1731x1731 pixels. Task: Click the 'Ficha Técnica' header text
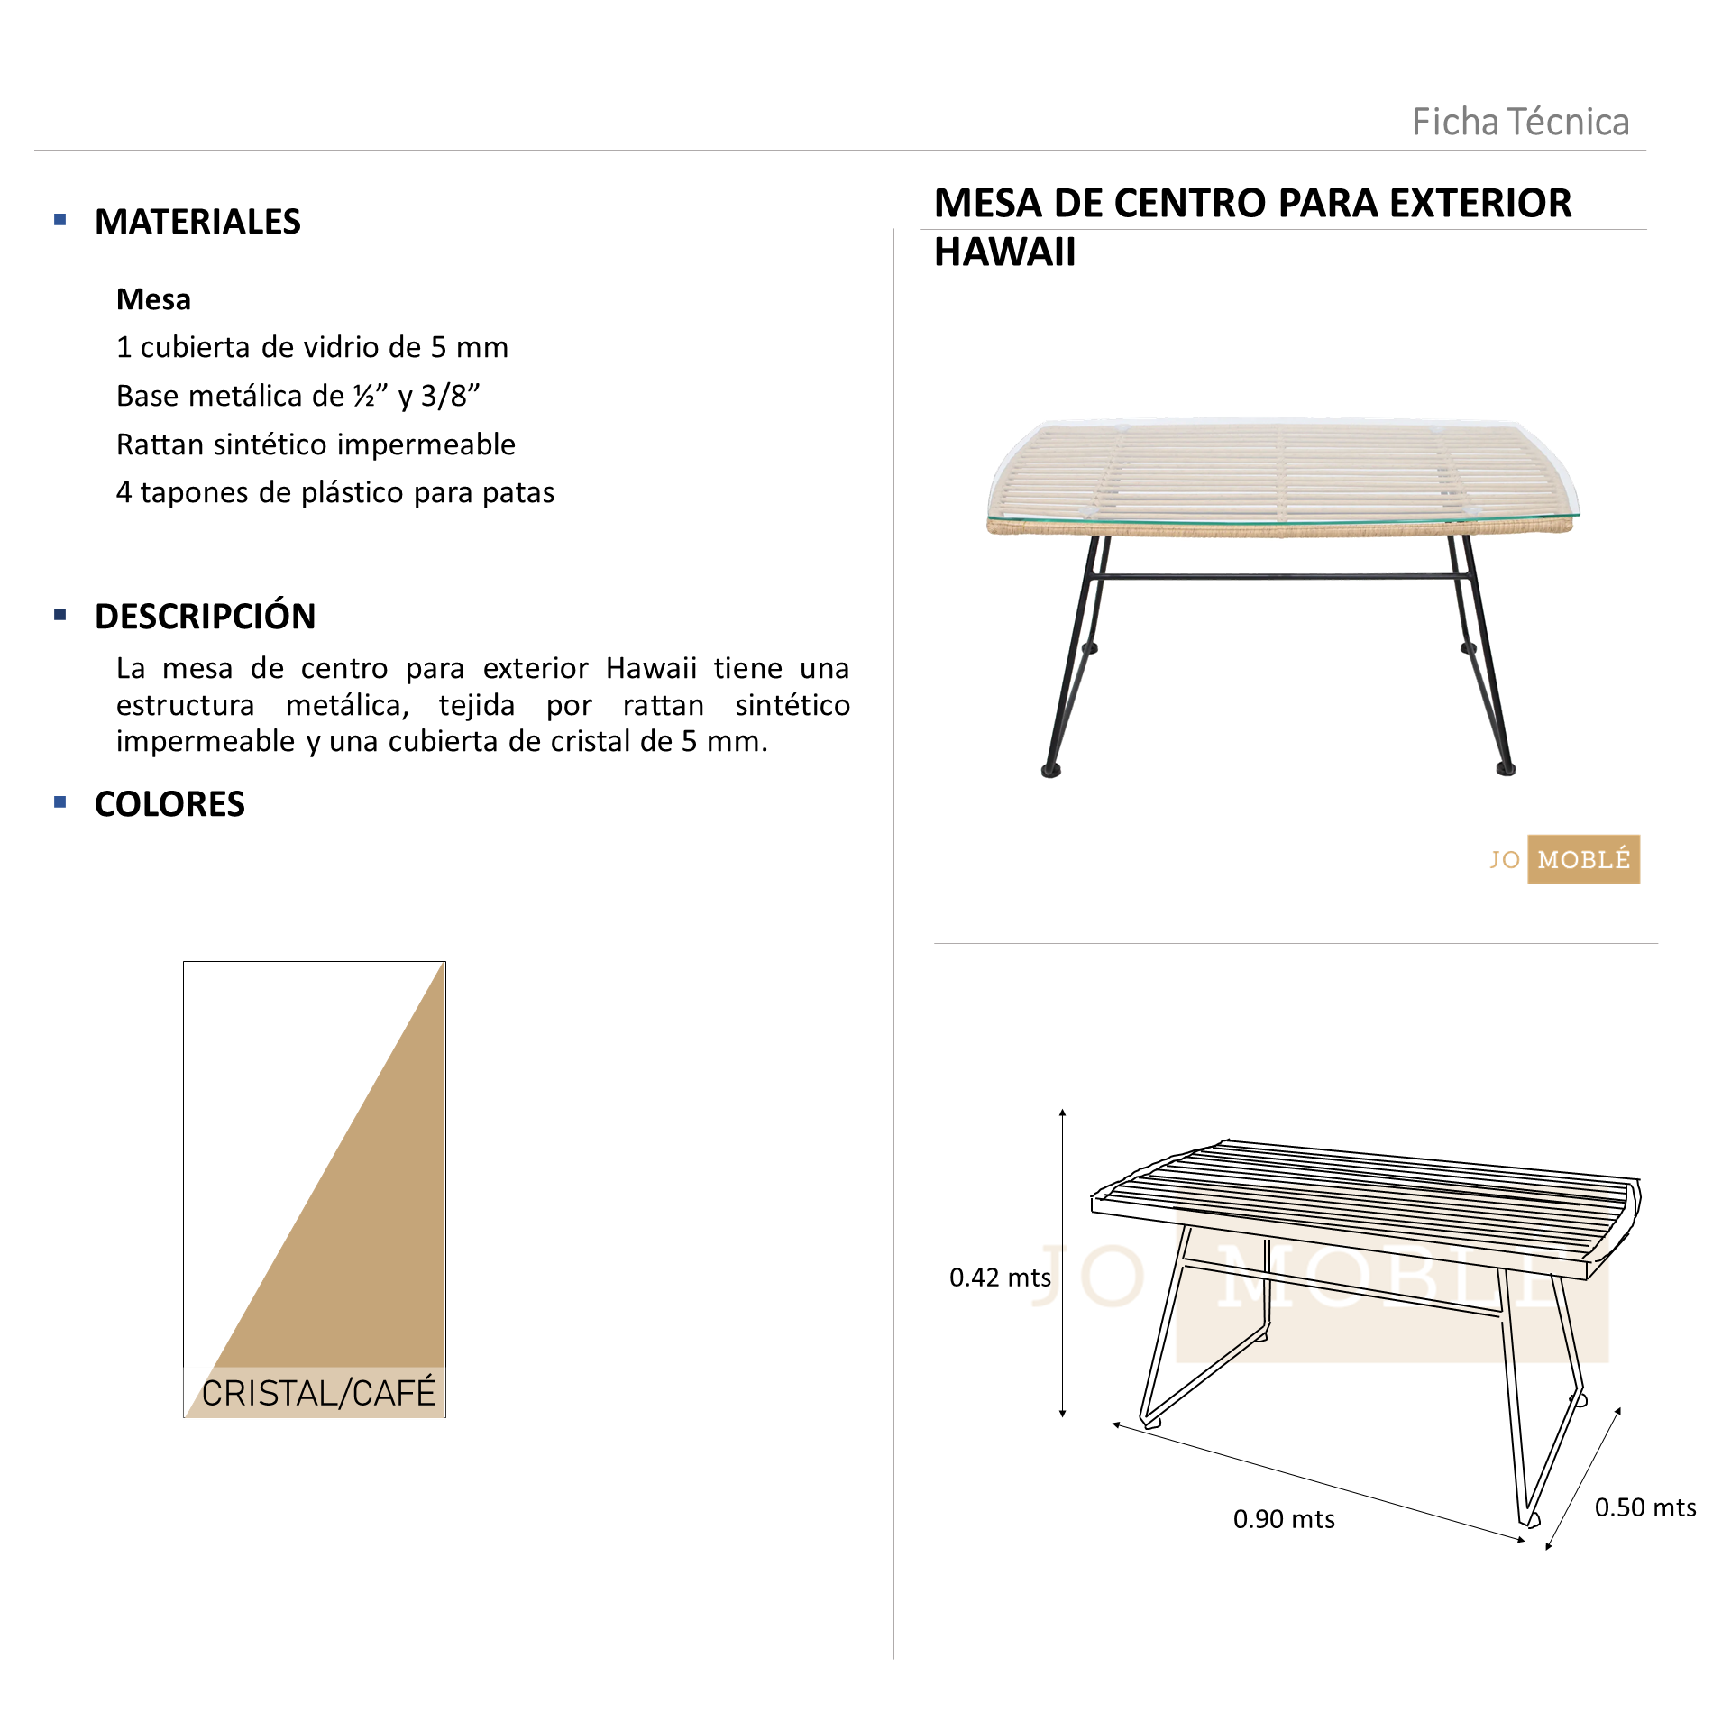pos(1520,122)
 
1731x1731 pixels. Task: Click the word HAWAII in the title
pos(1004,252)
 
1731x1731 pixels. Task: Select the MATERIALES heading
pos(197,222)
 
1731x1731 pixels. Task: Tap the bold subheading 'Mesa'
pos(153,299)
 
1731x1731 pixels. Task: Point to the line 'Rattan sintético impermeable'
pos(316,444)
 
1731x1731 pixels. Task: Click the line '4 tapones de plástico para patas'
pos(334,492)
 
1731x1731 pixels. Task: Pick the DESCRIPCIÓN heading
pos(205,617)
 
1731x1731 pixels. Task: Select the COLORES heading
pos(169,804)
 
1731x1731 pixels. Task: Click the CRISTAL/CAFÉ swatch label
pos(318,1393)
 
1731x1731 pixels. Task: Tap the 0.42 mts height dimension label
pos(1000,1278)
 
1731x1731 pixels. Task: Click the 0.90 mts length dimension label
pos(1284,1519)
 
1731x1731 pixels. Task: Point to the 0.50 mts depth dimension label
pos(1645,1507)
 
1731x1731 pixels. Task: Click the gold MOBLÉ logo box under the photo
pos(1583,859)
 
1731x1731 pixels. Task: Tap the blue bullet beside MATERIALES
pos(60,219)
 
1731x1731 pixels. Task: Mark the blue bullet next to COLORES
pos(60,801)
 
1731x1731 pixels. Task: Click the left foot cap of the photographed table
pos(1051,771)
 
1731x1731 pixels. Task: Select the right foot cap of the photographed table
pos(1506,769)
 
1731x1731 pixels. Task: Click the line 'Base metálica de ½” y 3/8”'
pos(298,396)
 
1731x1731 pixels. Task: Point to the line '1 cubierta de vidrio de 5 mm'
pos(312,347)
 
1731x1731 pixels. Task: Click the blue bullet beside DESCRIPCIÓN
pos(60,615)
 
